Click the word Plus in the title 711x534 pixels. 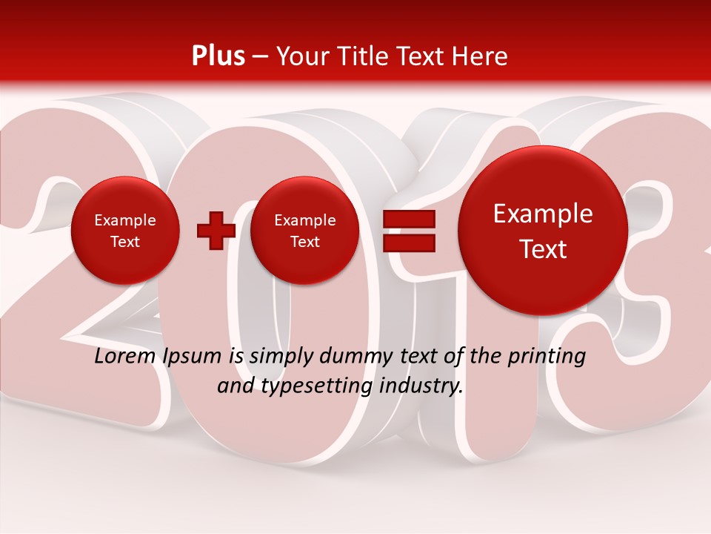tap(218, 56)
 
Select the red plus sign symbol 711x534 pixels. tap(216, 230)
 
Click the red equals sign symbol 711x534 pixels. tap(408, 231)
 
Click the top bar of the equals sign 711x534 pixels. tap(408, 220)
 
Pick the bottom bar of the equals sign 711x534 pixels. tap(408, 243)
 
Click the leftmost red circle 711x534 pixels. tap(124, 230)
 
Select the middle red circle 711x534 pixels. tap(304, 230)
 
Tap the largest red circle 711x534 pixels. tap(543, 230)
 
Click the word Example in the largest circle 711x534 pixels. tap(543, 214)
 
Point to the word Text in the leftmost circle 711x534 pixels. tap(124, 242)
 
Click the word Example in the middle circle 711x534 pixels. tap(304, 220)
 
